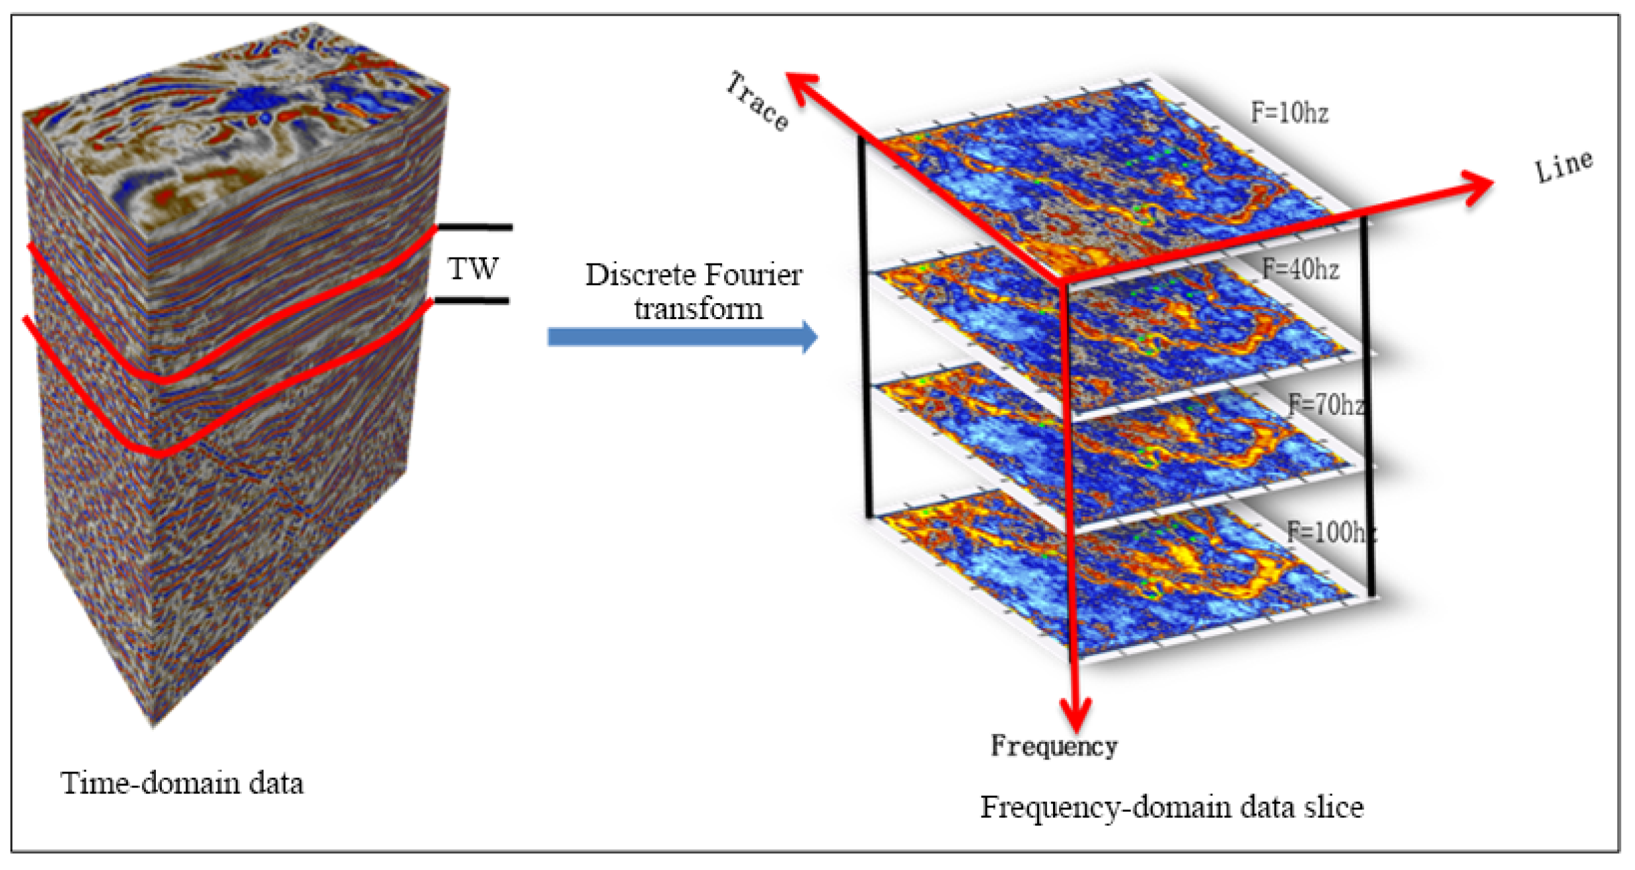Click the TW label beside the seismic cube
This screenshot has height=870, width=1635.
(473, 268)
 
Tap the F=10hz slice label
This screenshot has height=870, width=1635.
(1290, 113)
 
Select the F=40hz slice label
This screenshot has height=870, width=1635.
(1300, 269)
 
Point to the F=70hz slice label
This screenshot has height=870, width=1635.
(1326, 404)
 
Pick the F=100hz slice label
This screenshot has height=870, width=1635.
(1331, 532)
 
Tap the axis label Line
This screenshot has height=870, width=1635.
(1563, 166)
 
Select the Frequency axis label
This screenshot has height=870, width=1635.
(1054, 746)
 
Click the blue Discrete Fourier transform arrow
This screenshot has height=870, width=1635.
(682, 337)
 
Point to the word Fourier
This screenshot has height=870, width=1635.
(752, 275)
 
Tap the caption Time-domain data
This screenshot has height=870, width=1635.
(182, 783)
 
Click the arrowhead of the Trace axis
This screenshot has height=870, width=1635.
(801, 89)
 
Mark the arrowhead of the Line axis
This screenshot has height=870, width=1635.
(1476, 187)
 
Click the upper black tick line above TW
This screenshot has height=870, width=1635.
(474, 227)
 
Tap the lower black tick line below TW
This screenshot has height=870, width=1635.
(470, 301)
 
